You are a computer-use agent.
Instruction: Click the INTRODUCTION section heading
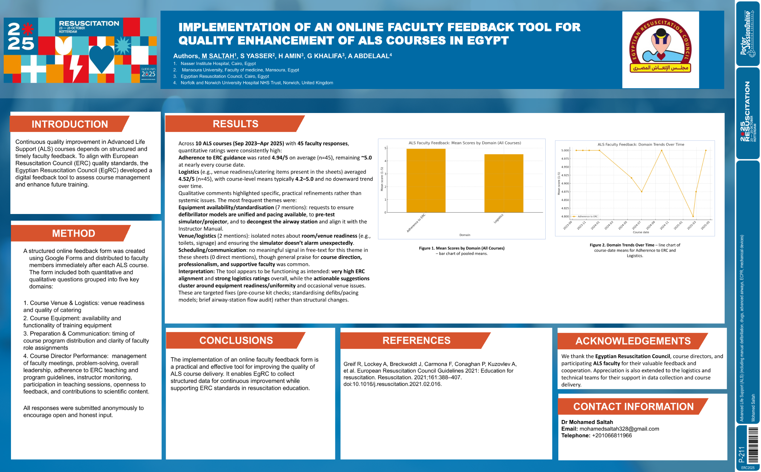pyautogui.click(x=70, y=124)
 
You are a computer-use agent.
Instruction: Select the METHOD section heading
pyautogui.click(x=73, y=233)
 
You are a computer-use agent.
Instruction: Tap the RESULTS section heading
pyautogui.click(x=235, y=124)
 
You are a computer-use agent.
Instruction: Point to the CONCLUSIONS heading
pyautogui.click(x=236, y=340)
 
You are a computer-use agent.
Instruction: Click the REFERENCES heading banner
pyautogui.click(x=416, y=340)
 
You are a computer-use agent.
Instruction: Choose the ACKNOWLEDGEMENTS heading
pyautogui.click(x=633, y=341)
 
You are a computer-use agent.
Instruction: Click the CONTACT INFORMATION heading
pyautogui.click(x=633, y=407)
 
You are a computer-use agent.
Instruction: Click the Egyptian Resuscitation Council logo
pyautogui.click(x=660, y=50)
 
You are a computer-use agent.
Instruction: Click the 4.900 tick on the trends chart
pyautogui.click(x=565, y=183)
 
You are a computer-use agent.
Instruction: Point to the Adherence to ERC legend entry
pyautogui.click(x=585, y=216)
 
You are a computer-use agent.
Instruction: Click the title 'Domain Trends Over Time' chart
pyautogui.click(x=641, y=144)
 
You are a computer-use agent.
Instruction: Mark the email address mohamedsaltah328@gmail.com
pyautogui.click(x=619, y=429)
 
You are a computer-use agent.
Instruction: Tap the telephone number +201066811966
pyautogui.click(x=612, y=435)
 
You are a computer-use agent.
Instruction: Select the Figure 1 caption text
pyautogui.click(x=462, y=251)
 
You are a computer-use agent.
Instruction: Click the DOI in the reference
pyautogui.click(x=392, y=384)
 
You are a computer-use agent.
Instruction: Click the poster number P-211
pyautogui.click(x=742, y=454)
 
